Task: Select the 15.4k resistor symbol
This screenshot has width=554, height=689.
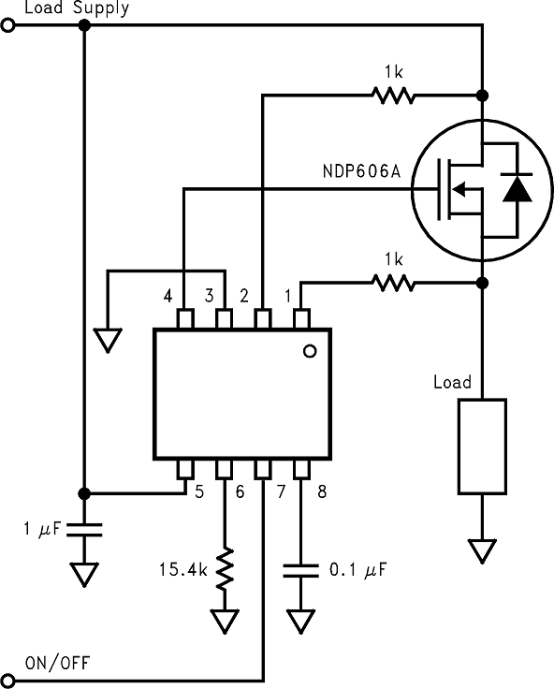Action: [225, 569]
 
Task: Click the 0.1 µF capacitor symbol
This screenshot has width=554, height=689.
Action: [300, 570]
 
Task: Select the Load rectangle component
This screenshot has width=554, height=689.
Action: [482, 446]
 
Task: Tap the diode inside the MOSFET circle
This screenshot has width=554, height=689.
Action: [515, 189]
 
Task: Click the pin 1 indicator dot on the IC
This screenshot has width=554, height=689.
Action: [310, 350]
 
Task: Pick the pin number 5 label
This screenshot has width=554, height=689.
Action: [199, 490]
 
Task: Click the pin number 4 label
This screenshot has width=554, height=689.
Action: [168, 296]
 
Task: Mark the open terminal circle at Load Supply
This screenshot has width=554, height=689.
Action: [9, 26]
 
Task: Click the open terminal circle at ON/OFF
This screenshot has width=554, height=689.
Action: [9, 678]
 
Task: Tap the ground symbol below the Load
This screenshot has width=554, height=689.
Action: [482, 551]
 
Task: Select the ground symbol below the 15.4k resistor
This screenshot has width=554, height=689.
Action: [225, 620]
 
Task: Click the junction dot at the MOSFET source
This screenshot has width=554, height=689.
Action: [482, 281]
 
